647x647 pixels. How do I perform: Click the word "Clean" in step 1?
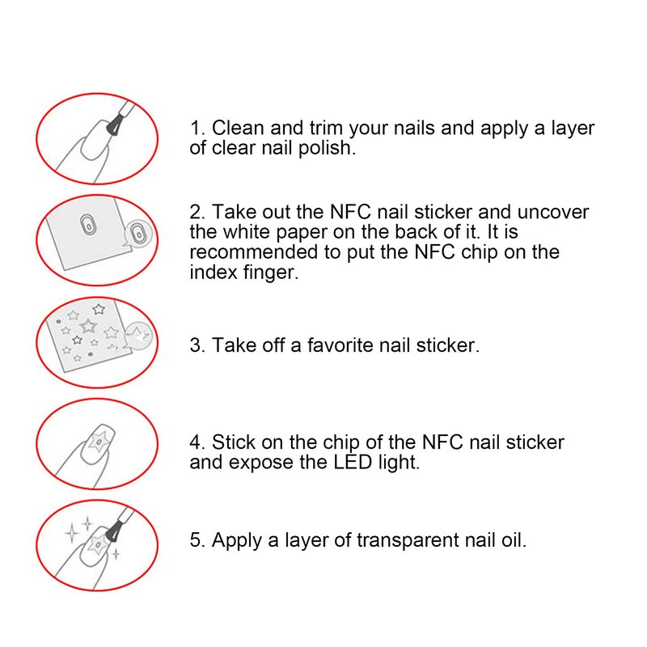[238, 128]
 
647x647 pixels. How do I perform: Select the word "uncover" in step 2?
[553, 212]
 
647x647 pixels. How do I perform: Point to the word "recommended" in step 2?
[253, 252]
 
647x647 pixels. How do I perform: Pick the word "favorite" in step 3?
[340, 345]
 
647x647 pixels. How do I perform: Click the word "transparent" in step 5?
[408, 541]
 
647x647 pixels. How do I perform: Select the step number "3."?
[197, 345]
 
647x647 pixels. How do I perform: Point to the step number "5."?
[197, 540]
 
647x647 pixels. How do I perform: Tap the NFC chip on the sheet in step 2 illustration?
[87, 226]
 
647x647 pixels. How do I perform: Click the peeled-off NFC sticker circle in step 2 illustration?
[138, 235]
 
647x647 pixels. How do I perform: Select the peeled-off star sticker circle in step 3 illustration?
[139, 336]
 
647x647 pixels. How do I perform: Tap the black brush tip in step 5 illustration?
[112, 532]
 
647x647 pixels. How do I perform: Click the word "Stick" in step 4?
[234, 442]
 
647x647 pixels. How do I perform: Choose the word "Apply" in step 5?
[237, 541]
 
